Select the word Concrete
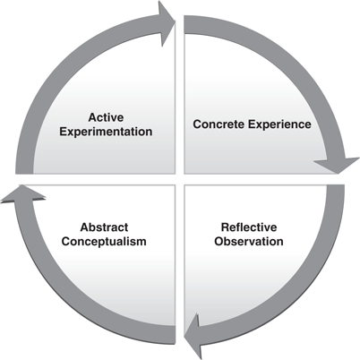click(x=220, y=124)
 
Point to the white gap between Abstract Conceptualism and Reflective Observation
click(x=180, y=269)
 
